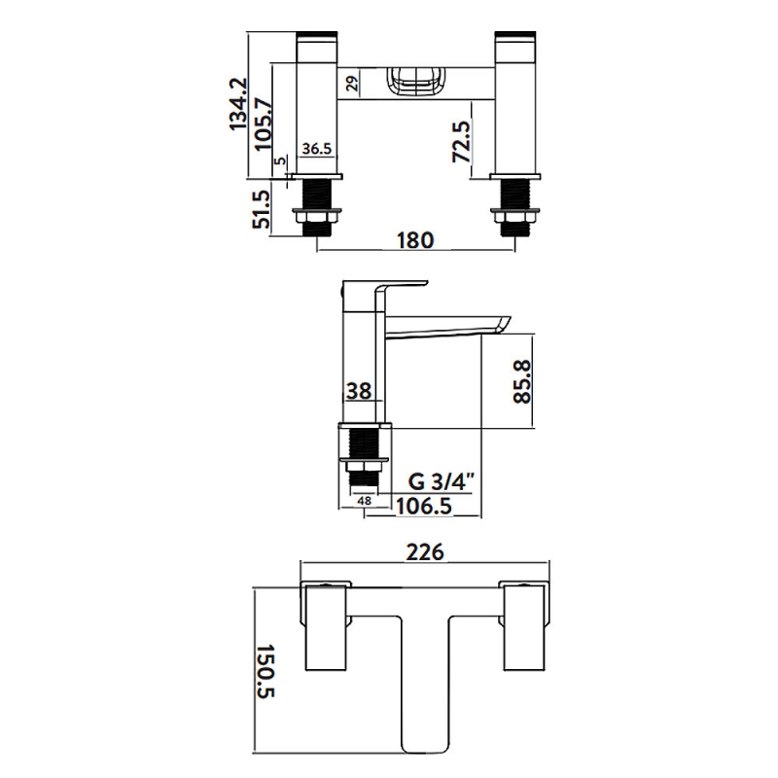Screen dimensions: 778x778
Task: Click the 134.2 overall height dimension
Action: [238, 103]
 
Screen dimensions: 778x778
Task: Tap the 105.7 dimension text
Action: [264, 124]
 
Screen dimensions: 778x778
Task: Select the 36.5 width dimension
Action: [317, 149]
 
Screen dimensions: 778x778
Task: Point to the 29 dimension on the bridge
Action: [352, 83]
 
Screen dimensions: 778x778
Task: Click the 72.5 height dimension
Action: [461, 142]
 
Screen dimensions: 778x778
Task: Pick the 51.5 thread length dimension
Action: [262, 210]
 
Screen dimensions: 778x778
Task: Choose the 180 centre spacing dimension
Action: [416, 240]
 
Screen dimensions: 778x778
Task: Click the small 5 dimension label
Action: [280, 160]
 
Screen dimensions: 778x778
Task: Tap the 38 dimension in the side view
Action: [359, 391]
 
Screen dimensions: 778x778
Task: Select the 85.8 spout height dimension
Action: [522, 382]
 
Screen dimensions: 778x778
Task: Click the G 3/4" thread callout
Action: [442, 481]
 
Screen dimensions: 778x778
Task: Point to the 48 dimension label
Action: [364, 501]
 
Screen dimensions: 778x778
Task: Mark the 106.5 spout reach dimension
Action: [424, 507]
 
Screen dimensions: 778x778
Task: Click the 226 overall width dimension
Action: [425, 552]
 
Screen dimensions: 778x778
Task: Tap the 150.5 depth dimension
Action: [265, 671]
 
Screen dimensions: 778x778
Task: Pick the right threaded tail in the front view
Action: [515, 207]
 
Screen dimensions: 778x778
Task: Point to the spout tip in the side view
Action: [504, 325]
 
